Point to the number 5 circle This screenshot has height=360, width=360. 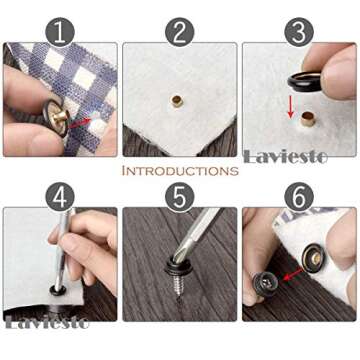[x=180, y=195]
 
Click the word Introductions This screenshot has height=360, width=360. [x=180, y=171]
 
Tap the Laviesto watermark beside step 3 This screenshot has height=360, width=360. [x=300, y=156]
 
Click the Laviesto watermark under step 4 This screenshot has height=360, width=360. [x=48, y=322]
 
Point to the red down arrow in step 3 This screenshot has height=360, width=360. [x=291, y=108]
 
